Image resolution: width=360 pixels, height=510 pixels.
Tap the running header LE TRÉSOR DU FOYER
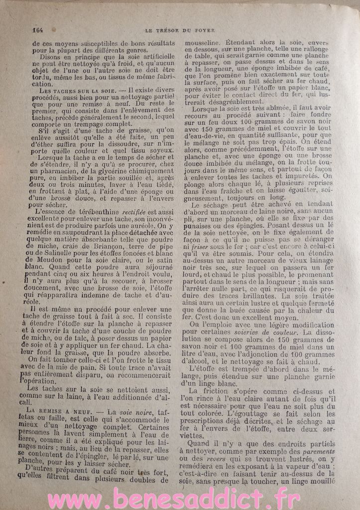(x=180, y=30)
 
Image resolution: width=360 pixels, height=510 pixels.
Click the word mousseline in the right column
(x=202, y=43)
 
